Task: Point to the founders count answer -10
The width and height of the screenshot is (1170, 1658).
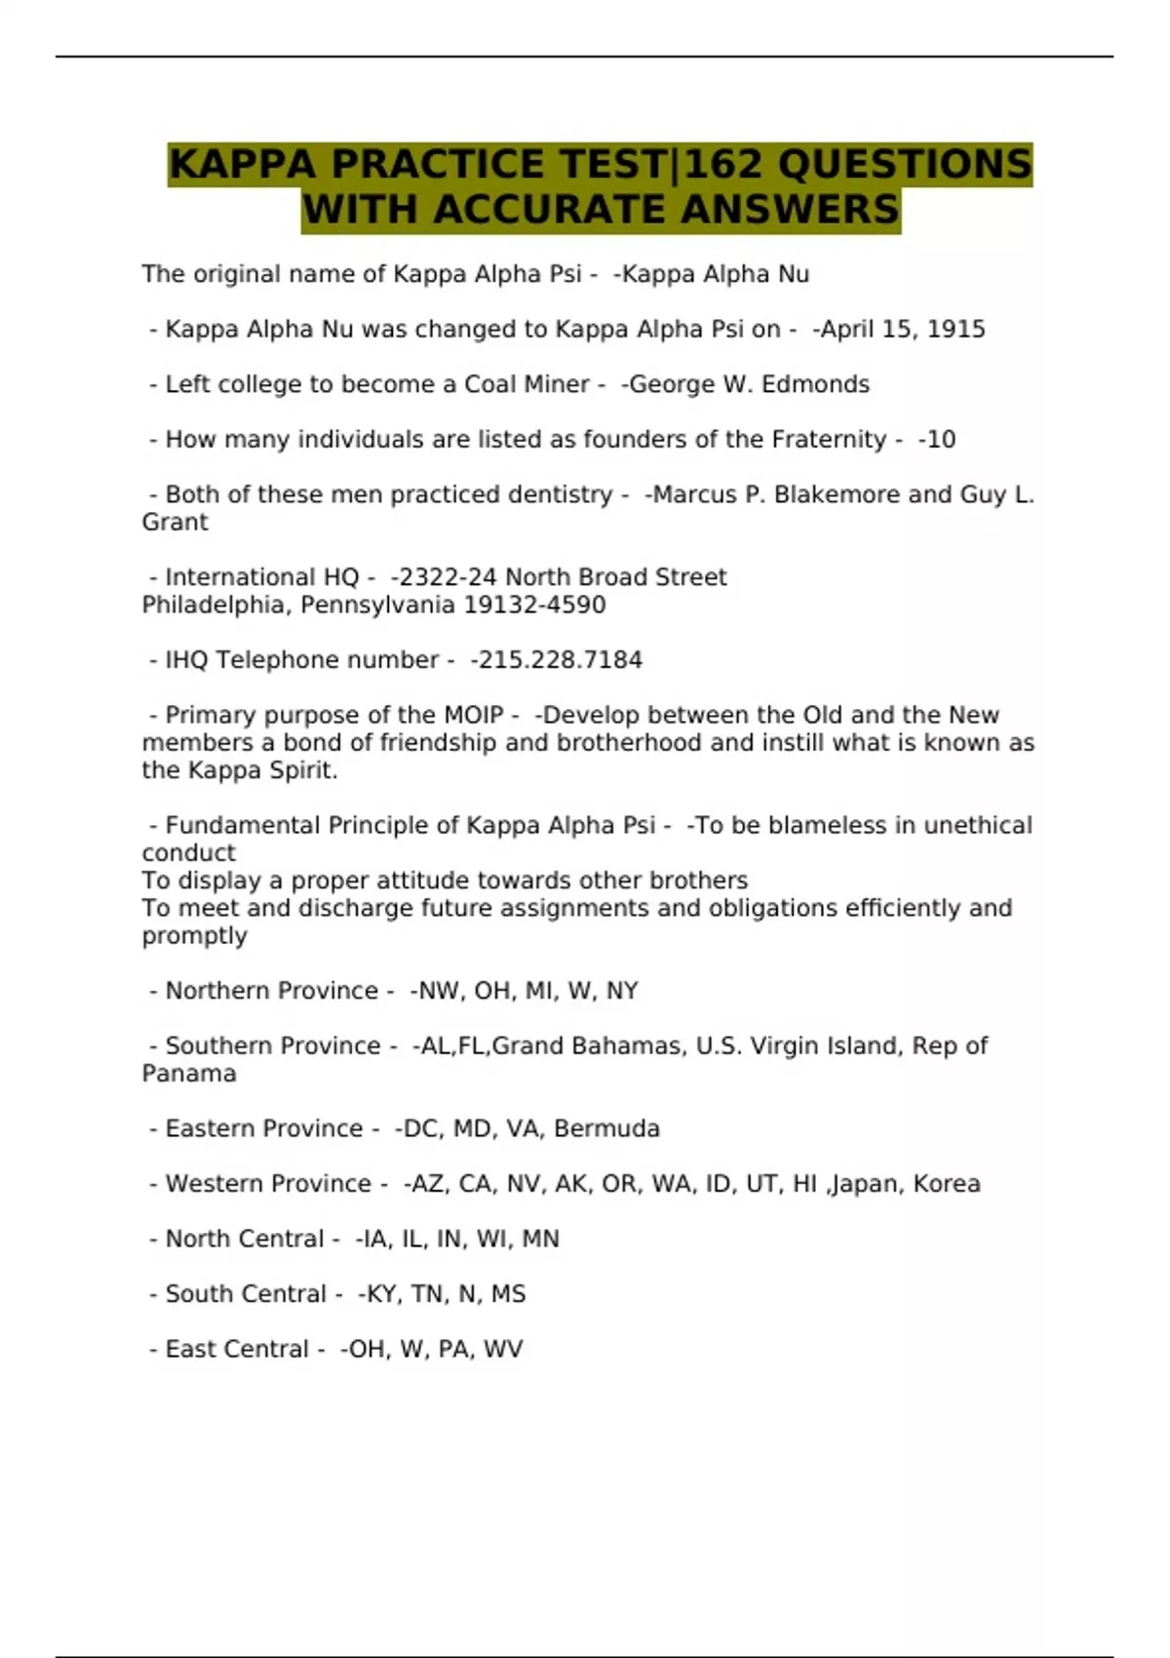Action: (x=938, y=440)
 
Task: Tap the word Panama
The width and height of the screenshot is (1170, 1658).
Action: (x=189, y=1074)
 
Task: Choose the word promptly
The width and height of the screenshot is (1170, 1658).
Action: (x=194, y=936)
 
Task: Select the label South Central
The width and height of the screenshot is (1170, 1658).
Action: (x=246, y=1294)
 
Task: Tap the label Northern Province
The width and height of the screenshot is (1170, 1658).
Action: (x=271, y=991)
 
